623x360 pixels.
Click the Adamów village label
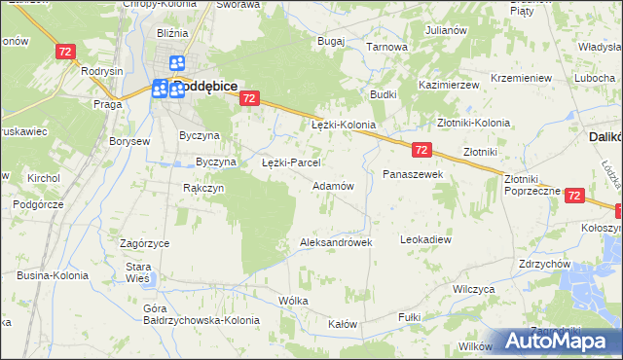[332, 185]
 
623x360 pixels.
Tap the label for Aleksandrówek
[337, 242]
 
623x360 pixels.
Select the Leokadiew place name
[426, 238]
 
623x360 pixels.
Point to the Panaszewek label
[413, 173]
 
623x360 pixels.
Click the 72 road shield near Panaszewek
[421, 150]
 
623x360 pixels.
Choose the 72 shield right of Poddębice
[250, 98]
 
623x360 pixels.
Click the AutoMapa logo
[560, 342]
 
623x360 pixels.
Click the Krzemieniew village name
[522, 77]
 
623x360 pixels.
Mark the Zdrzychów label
[544, 264]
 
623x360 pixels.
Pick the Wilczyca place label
[475, 289]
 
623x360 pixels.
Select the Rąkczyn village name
[203, 188]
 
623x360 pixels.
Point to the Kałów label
[343, 324]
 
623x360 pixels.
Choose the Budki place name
[383, 94]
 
